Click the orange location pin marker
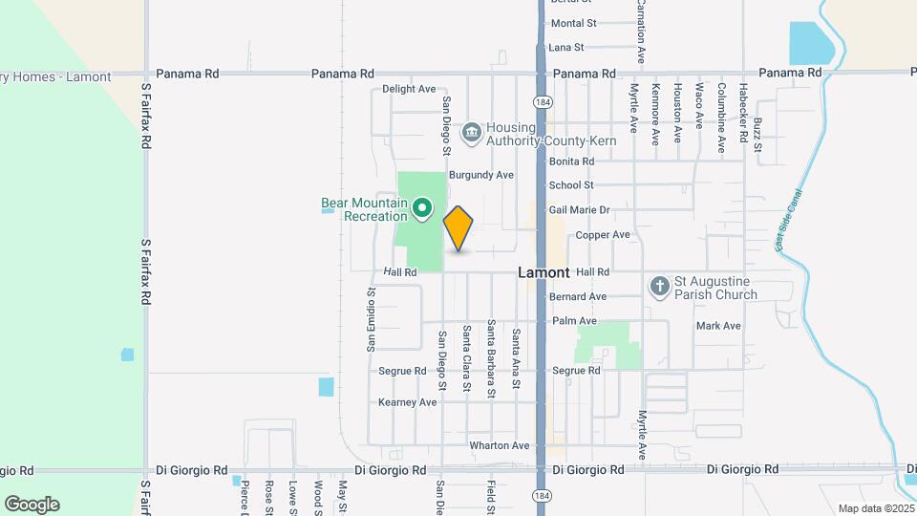pos(458,227)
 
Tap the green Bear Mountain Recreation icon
pos(421,208)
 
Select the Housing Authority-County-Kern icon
pos(470,133)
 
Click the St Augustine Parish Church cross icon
pos(659,286)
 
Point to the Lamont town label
pos(544,272)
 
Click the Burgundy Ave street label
pos(481,175)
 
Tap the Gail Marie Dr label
pos(579,209)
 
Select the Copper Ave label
pos(602,234)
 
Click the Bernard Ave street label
pos(578,296)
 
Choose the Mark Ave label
pos(718,326)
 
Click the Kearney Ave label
pos(407,402)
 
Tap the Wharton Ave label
pos(499,445)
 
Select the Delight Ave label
pos(409,89)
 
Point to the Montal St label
pos(573,23)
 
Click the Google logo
pos(32,504)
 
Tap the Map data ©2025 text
pos(874,508)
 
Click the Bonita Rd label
pos(571,161)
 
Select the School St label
pos(571,185)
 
